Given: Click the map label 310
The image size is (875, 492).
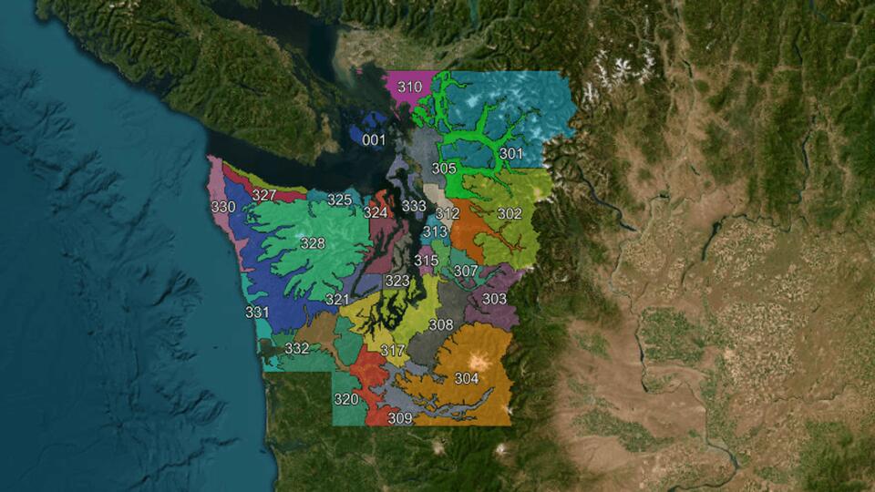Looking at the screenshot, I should point(410,87).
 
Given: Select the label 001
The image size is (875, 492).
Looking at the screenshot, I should point(374,139).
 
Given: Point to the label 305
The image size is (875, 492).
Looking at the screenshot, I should point(444,169).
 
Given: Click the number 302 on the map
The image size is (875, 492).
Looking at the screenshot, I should point(510,213).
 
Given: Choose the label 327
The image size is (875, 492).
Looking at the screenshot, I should point(264,195).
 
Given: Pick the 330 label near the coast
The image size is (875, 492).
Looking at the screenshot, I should point(223,208).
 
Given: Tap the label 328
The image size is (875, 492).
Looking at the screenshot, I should point(313,243).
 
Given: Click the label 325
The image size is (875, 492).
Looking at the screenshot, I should point(339,200).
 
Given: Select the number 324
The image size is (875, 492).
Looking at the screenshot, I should point(376,212).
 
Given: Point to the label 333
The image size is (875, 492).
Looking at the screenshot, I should point(414,206).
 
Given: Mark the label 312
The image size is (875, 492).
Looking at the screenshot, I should point(448,213).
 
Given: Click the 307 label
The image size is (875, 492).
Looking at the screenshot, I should point(466,271).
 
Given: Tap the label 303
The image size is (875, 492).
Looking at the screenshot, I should point(494,299).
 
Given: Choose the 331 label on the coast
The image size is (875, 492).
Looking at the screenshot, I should point(257,313).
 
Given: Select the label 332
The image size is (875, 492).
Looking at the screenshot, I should point(297,348).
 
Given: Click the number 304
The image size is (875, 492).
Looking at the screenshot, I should point(467,378).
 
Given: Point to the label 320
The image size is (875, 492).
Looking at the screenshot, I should point(346,399).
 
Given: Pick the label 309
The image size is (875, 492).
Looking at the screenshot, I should point(400,418).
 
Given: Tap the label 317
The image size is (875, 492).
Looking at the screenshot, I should point(393,351).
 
